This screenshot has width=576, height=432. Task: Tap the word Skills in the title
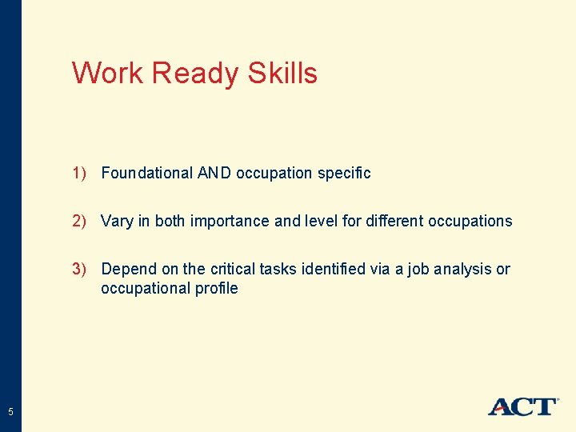pyautogui.click(x=282, y=74)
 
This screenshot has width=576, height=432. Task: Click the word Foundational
pyautogui.click(x=147, y=173)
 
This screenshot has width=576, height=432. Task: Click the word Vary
pyautogui.click(x=117, y=221)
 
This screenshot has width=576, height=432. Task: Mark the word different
pyautogui.click(x=393, y=221)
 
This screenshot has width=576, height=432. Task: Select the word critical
pyautogui.click(x=233, y=269)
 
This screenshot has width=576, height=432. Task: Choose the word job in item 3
pyautogui.click(x=418, y=270)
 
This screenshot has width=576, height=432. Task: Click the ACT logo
pyautogui.click(x=522, y=406)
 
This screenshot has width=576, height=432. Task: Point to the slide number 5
pyautogui.click(x=10, y=412)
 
